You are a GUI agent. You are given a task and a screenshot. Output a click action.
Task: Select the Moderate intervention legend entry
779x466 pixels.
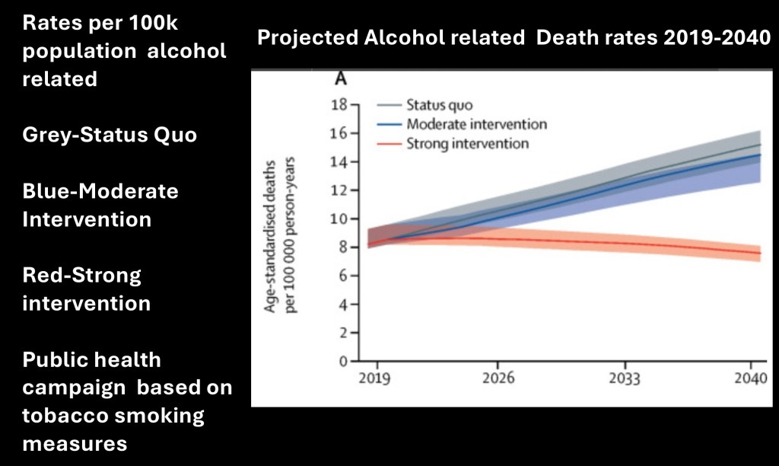[476, 124]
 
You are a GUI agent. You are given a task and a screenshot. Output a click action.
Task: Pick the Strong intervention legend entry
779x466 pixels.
[467, 142]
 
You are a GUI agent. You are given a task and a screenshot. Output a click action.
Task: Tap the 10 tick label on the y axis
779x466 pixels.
[340, 219]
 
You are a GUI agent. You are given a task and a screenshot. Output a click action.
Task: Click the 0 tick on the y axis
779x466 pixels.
[344, 361]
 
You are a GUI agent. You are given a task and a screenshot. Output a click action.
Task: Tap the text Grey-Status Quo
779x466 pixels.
[110, 135]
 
